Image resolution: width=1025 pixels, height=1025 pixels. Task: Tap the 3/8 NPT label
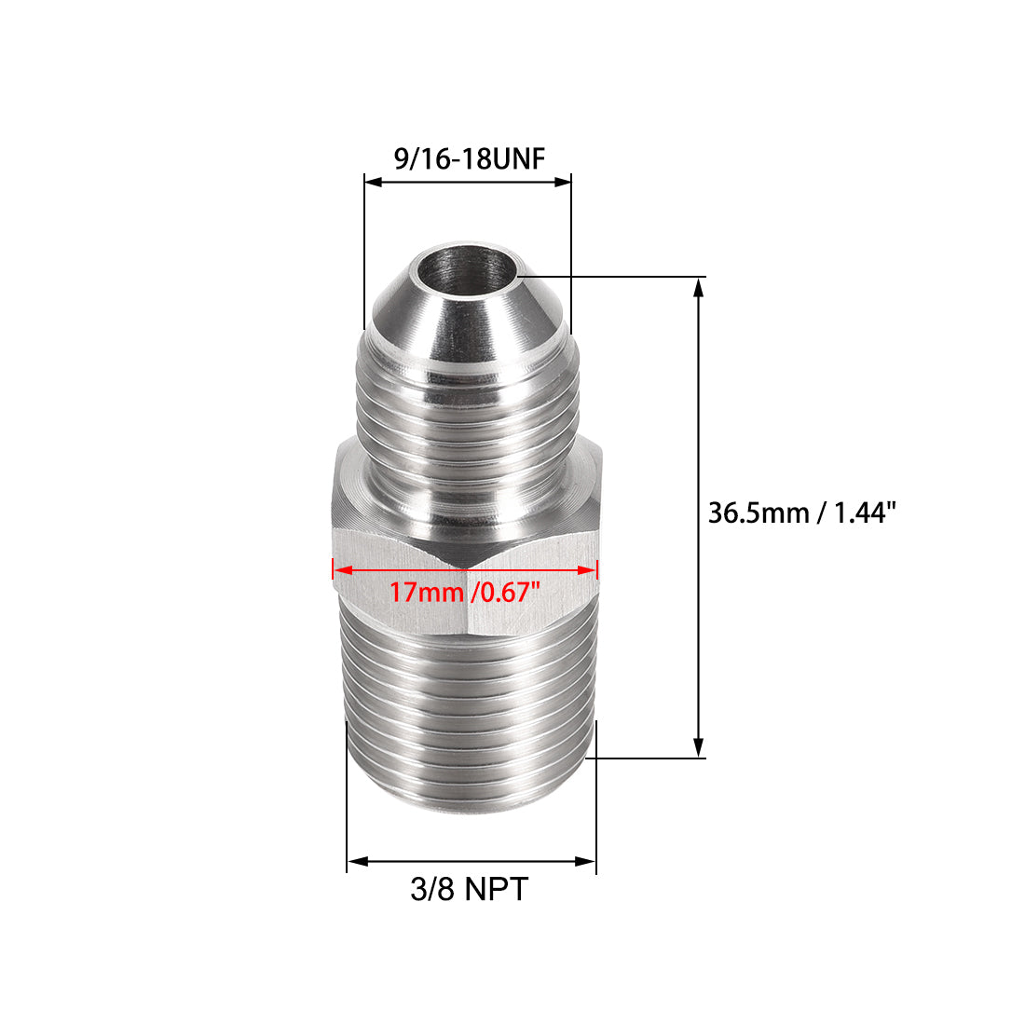coord(469,889)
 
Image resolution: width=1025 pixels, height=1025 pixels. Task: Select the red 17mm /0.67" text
coord(464,592)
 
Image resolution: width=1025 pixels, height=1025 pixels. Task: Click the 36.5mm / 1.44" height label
coord(801,513)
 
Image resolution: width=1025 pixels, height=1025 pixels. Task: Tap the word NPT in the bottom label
coord(495,889)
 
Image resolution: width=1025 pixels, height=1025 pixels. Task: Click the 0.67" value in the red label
coord(507,592)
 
